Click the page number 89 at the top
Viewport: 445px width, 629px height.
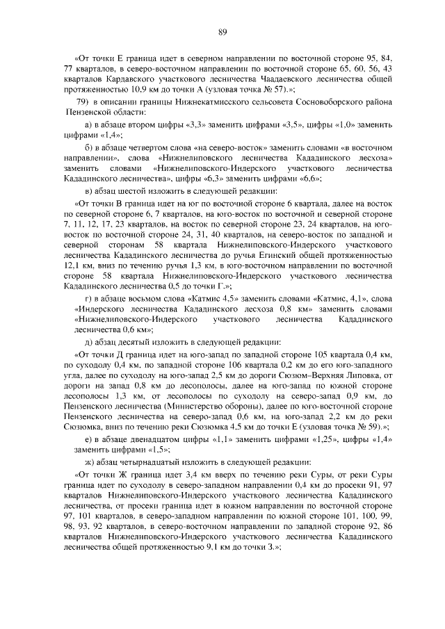tap(222, 32)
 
